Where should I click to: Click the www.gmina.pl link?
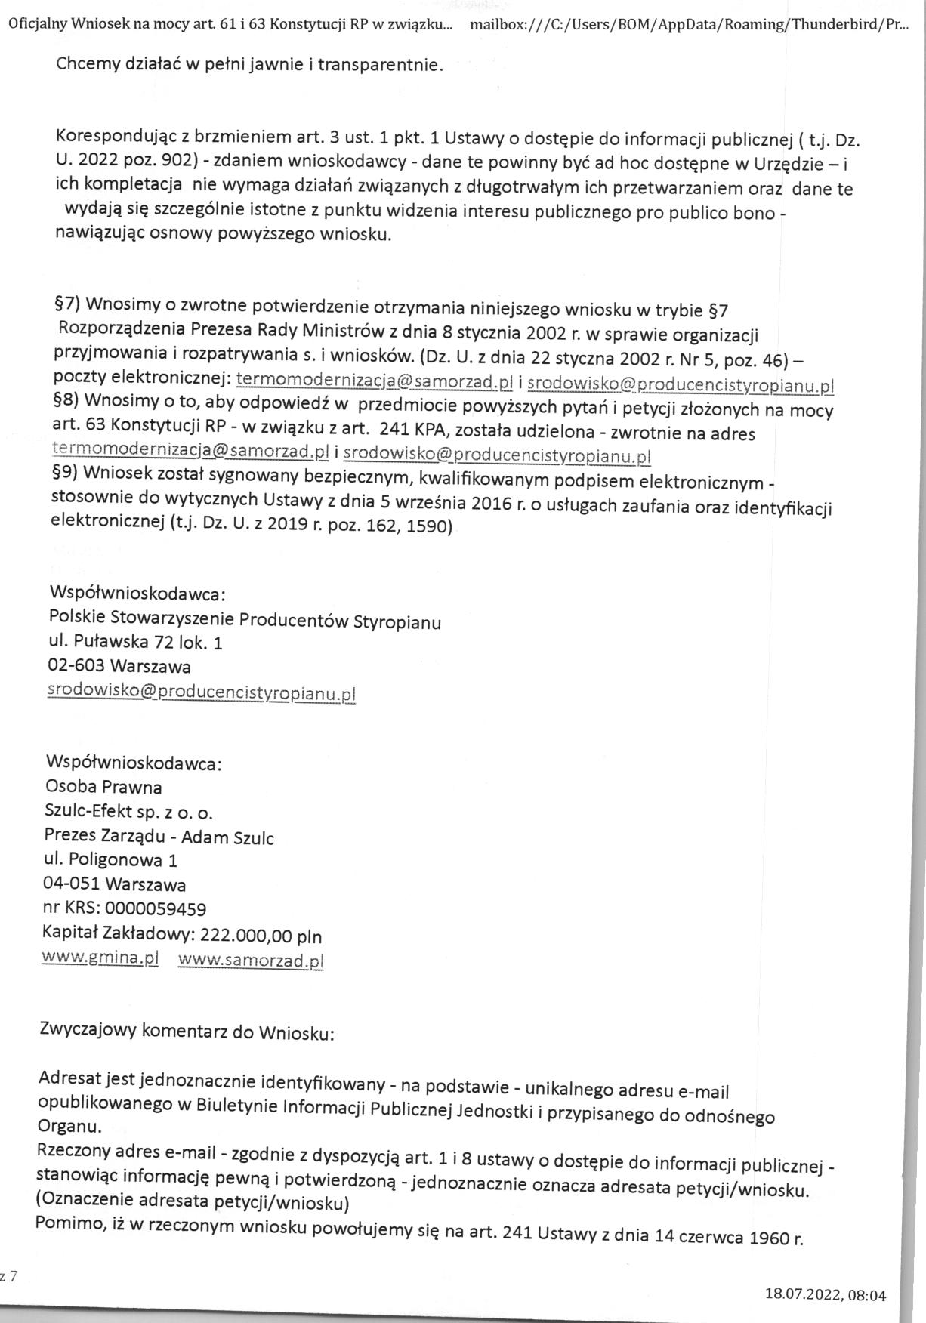100,958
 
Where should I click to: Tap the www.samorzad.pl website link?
251,961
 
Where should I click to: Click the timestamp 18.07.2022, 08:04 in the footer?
825,1295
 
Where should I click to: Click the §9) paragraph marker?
66,473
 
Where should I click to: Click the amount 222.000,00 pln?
261,936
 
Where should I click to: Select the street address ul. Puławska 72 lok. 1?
135,643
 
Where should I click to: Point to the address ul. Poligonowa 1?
111,859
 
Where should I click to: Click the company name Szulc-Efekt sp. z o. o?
129,812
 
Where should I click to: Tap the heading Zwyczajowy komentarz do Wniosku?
187,1032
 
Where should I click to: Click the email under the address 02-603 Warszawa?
201,692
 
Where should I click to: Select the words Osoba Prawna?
103,787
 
